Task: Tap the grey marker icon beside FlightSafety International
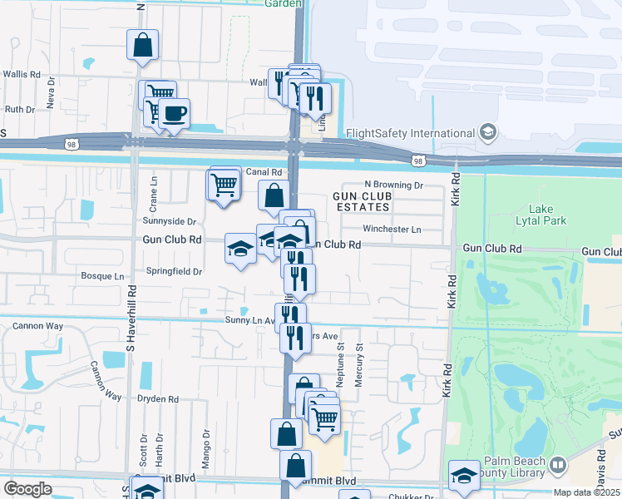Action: (488, 133)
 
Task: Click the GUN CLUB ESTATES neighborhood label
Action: (361, 200)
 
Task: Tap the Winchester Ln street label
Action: (392, 229)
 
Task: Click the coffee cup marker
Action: (174, 114)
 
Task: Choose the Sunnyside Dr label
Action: (169, 222)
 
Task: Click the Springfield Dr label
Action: (175, 271)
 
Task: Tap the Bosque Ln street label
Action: (101, 275)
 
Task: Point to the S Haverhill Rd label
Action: (131, 316)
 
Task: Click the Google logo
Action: (27, 489)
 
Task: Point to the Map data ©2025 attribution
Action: (586, 492)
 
